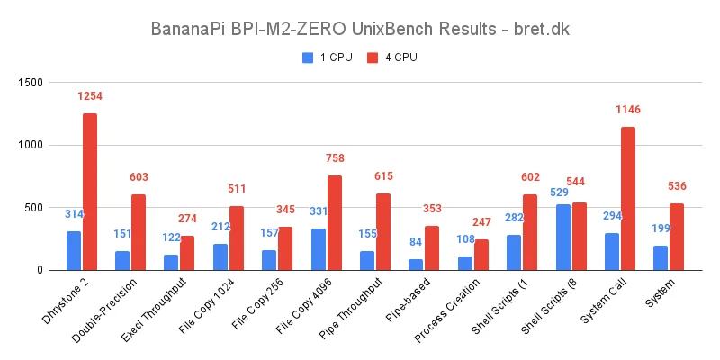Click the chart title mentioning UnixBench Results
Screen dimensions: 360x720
coord(359,30)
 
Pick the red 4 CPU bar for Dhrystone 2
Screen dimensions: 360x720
coord(90,192)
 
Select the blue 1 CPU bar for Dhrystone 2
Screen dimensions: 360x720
coord(74,250)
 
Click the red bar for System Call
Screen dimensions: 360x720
coord(627,198)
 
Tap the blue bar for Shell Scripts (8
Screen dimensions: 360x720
coord(562,237)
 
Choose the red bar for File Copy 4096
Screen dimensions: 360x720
coord(334,222)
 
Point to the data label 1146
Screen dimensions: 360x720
coord(628,110)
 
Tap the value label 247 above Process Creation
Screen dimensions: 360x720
coord(481,221)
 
